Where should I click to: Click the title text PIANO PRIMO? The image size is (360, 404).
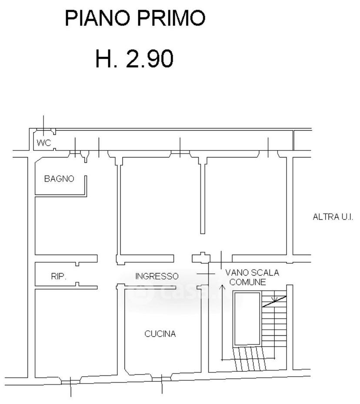click(x=135, y=18)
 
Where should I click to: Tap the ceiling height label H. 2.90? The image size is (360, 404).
click(x=134, y=59)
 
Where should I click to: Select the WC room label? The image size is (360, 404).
click(x=44, y=143)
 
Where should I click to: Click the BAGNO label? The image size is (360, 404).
click(x=59, y=179)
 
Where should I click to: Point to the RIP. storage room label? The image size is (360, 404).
click(x=59, y=277)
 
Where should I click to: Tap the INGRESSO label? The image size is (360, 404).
click(x=157, y=276)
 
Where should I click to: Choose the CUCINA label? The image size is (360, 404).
click(x=160, y=334)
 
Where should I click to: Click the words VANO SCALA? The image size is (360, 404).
click(x=252, y=273)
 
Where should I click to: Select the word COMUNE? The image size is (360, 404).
click(x=247, y=282)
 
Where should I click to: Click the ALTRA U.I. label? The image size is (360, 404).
click(x=333, y=217)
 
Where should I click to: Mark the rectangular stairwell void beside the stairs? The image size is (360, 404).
click(x=247, y=319)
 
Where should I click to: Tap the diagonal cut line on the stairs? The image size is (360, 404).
click(x=274, y=301)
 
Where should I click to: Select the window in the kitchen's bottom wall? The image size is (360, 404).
click(x=161, y=379)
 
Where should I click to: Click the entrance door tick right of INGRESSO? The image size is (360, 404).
click(x=206, y=274)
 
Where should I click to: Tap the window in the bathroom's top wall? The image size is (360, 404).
click(x=75, y=154)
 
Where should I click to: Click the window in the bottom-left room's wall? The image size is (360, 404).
click(x=70, y=382)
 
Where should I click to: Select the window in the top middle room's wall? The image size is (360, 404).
click(x=180, y=154)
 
